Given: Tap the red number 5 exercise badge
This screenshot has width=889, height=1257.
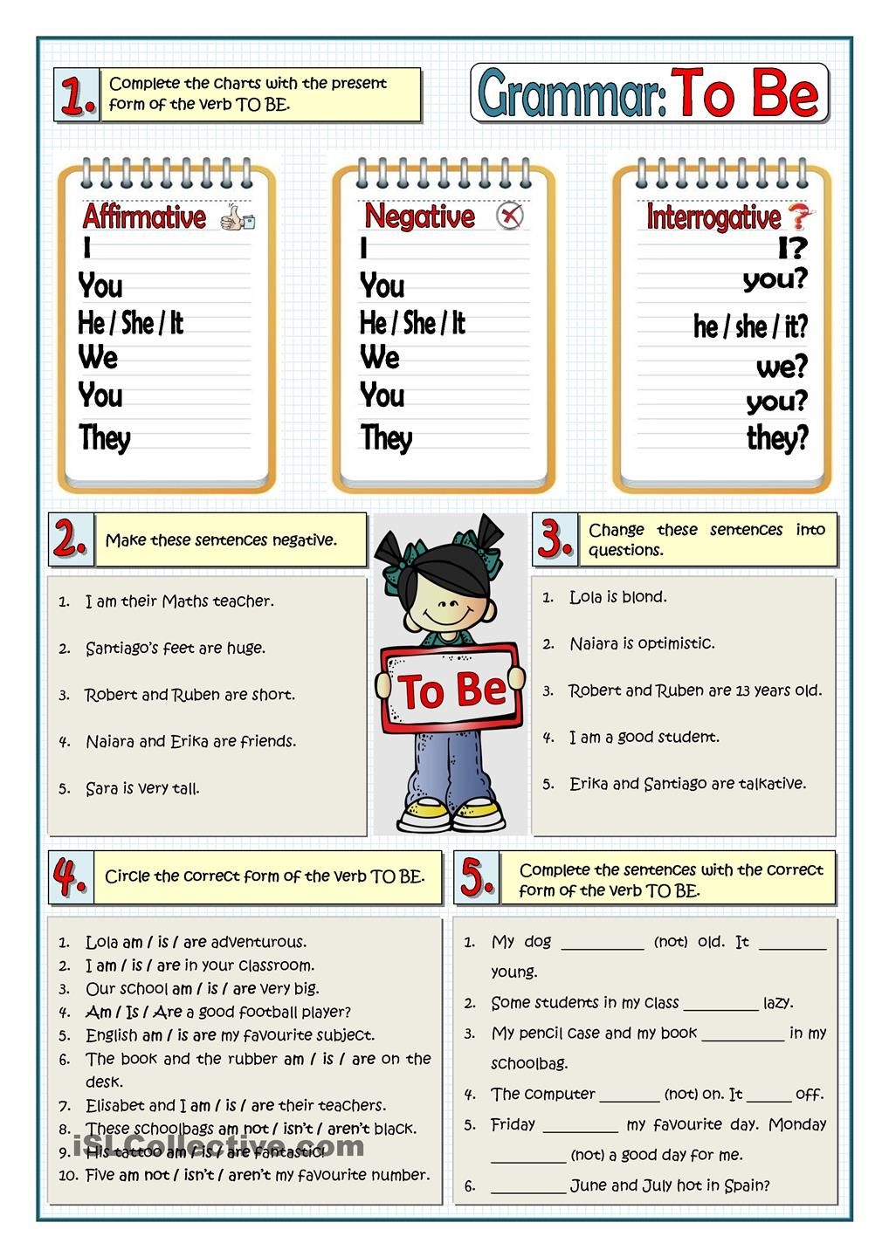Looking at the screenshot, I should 477,877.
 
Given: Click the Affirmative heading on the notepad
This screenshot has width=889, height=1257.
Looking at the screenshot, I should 144,216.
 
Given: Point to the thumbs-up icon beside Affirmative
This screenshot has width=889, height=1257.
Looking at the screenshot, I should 237,217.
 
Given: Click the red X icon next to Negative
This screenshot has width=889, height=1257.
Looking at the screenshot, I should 510,216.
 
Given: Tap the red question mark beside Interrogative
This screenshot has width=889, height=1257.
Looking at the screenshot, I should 798,216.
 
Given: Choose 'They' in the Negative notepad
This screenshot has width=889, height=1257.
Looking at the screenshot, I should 386,437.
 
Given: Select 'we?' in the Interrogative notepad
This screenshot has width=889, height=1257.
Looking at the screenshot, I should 782,367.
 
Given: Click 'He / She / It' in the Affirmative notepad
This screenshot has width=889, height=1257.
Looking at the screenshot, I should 130,323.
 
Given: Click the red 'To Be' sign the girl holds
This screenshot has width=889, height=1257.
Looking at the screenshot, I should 452,689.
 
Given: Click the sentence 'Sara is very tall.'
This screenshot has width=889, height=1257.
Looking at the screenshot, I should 142,788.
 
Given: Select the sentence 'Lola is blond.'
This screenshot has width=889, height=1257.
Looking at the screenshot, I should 617,597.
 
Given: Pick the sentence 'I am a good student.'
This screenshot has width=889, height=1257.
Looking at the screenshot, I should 644,738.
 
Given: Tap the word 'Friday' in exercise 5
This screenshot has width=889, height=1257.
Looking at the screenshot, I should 513,1124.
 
